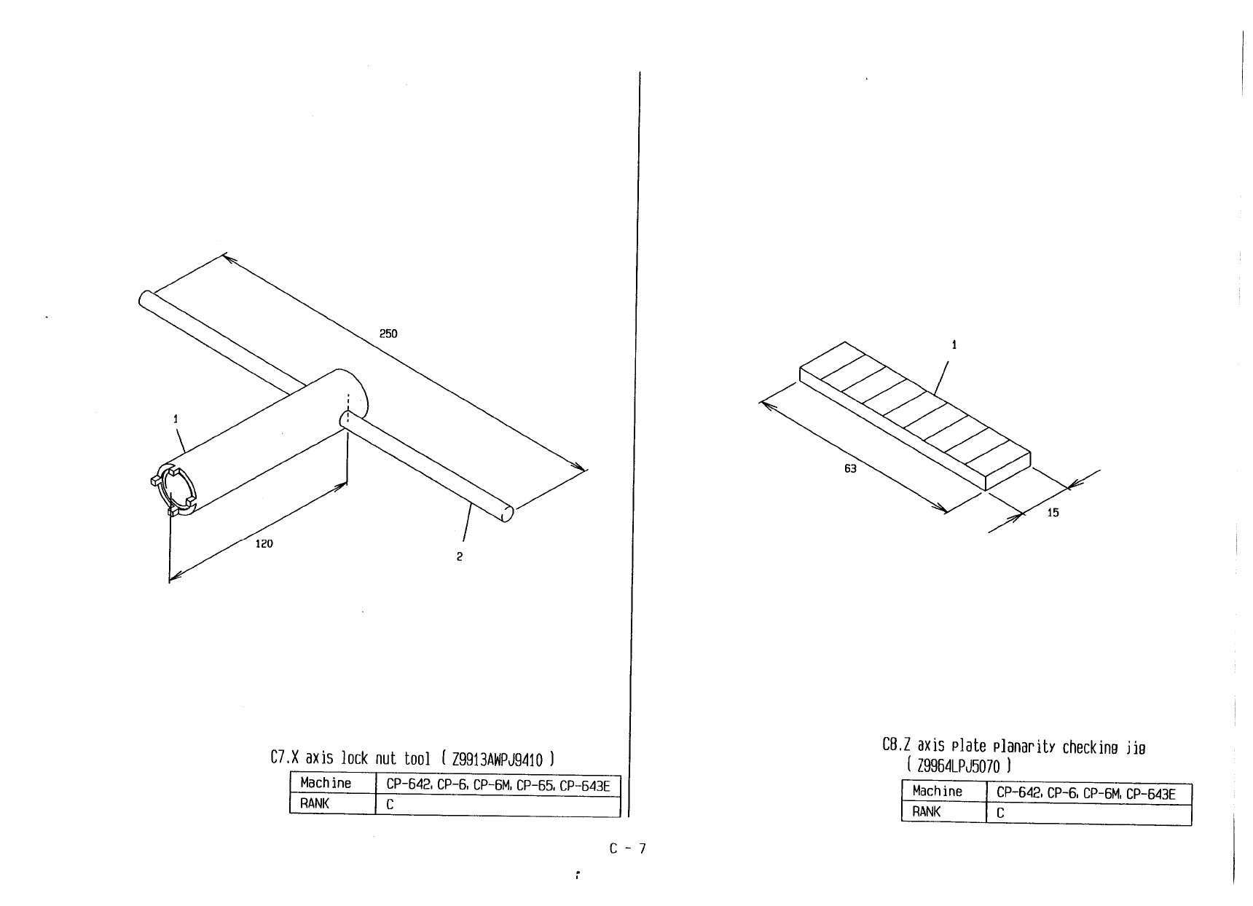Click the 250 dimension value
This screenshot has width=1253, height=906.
(x=388, y=334)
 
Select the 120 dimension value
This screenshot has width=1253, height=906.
(x=264, y=543)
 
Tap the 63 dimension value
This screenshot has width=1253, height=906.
(x=850, y=468)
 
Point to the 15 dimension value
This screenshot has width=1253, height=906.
(x=1053, y=513)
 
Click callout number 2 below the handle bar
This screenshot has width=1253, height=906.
(x=459, y=556)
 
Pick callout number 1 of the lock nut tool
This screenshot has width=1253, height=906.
(x=176, y=419)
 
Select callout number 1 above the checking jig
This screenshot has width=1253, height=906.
(x=954, y=345)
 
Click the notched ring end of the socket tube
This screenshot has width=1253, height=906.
(x=175, y=491)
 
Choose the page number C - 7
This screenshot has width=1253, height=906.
(x=627, y=848)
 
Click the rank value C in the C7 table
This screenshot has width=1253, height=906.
(x=390, y=805)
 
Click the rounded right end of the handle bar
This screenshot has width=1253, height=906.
(x=508, y=513)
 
